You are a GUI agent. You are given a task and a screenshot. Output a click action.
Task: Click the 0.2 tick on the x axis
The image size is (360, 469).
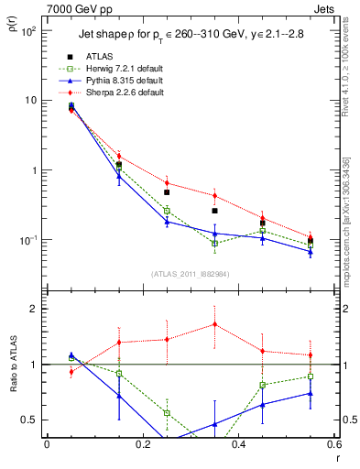pyautogui.click(x=142, y=444)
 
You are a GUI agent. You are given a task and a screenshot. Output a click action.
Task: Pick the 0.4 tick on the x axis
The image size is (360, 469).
pyautogui.click(x=238, y=444)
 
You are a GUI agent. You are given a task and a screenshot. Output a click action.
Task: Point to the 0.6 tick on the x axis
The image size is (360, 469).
pyautogui.click(x=333, y=444)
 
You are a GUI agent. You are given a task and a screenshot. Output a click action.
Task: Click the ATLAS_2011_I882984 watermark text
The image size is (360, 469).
pyautogui.click(x=191, y=274)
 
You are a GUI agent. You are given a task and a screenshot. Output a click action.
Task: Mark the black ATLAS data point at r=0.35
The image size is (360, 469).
pyautogui.click(x=214, y=211)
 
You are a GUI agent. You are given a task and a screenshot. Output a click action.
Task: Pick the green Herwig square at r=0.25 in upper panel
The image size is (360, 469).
pyautogui.click(x=167, y=211)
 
